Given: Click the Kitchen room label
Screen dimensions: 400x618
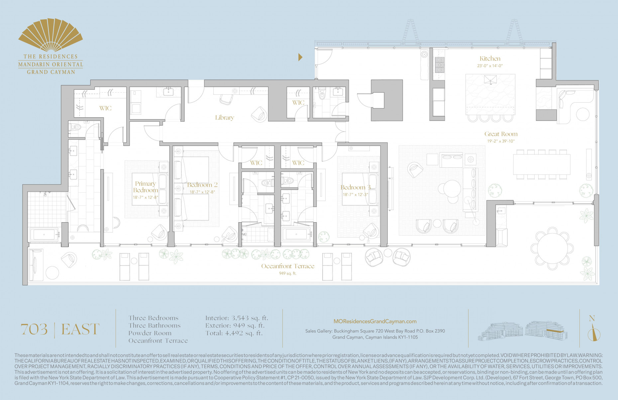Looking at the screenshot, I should (x=490, y=58).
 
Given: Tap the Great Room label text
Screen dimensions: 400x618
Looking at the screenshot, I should (x=501, y=134).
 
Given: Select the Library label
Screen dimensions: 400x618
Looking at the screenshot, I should (x=225, y=118).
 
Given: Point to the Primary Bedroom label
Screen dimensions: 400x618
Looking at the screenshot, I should (x=146, y=187).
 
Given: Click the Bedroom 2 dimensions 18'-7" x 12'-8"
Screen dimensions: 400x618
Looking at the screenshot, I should (x=202, y=192).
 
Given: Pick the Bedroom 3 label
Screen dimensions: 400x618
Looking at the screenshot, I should (x=355, y=187).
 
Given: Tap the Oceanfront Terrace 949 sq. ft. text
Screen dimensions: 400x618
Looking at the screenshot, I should (x=287, y=273).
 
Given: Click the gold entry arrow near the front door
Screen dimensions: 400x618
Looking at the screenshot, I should (x=300, y=57).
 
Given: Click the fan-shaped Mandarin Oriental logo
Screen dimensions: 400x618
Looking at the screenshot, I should (x=51, y=35).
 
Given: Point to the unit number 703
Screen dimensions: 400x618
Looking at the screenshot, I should (x=34, y=329).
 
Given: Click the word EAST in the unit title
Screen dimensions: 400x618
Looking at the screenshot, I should (x=80, y=329).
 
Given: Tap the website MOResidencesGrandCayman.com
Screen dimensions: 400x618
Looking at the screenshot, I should (x=375, y=321).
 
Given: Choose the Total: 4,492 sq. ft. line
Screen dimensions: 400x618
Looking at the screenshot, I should (x=234, y=333).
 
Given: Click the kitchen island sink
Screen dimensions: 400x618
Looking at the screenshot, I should (x=490, y=80).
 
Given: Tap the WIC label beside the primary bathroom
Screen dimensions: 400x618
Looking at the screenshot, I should (x=105, y=108).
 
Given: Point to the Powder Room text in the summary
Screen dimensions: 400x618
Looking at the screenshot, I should (x=150, y=333).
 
